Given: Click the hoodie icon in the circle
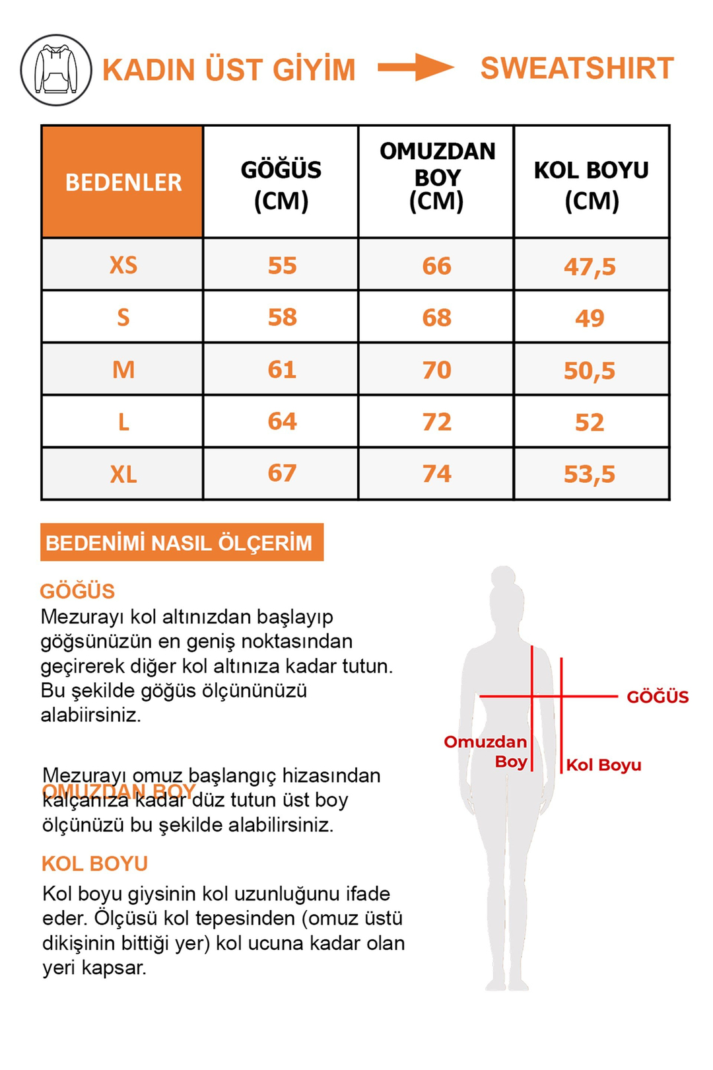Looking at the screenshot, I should pos(56,70).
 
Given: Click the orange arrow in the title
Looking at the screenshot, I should pos(416,67).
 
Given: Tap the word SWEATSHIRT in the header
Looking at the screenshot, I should pos(576,69).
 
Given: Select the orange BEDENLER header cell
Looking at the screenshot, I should pos(123,182).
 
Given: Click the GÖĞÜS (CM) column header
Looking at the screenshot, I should pos(281,184).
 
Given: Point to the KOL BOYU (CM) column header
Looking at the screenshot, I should pos(591,184).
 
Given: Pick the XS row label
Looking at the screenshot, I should pos(123,265).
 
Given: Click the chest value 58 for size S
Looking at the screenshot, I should pos(282,317).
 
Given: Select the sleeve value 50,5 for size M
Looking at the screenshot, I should pos(589,371).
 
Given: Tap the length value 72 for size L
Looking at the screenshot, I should pos(436,422).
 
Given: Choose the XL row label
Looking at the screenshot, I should pos(123,474).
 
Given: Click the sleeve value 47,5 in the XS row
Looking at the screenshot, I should pos(589,267).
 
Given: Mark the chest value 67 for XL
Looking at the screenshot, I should pos(282,473).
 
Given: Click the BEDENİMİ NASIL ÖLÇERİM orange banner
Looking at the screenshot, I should pos(182,542).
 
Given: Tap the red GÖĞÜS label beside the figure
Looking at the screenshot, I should pos(657,697).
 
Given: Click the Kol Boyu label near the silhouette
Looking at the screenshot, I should pos(603,765).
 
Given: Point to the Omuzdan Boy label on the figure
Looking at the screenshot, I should pos(487,751).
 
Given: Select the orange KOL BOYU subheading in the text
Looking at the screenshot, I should pos(94,863).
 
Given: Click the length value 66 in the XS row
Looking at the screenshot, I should pos(436,266).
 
